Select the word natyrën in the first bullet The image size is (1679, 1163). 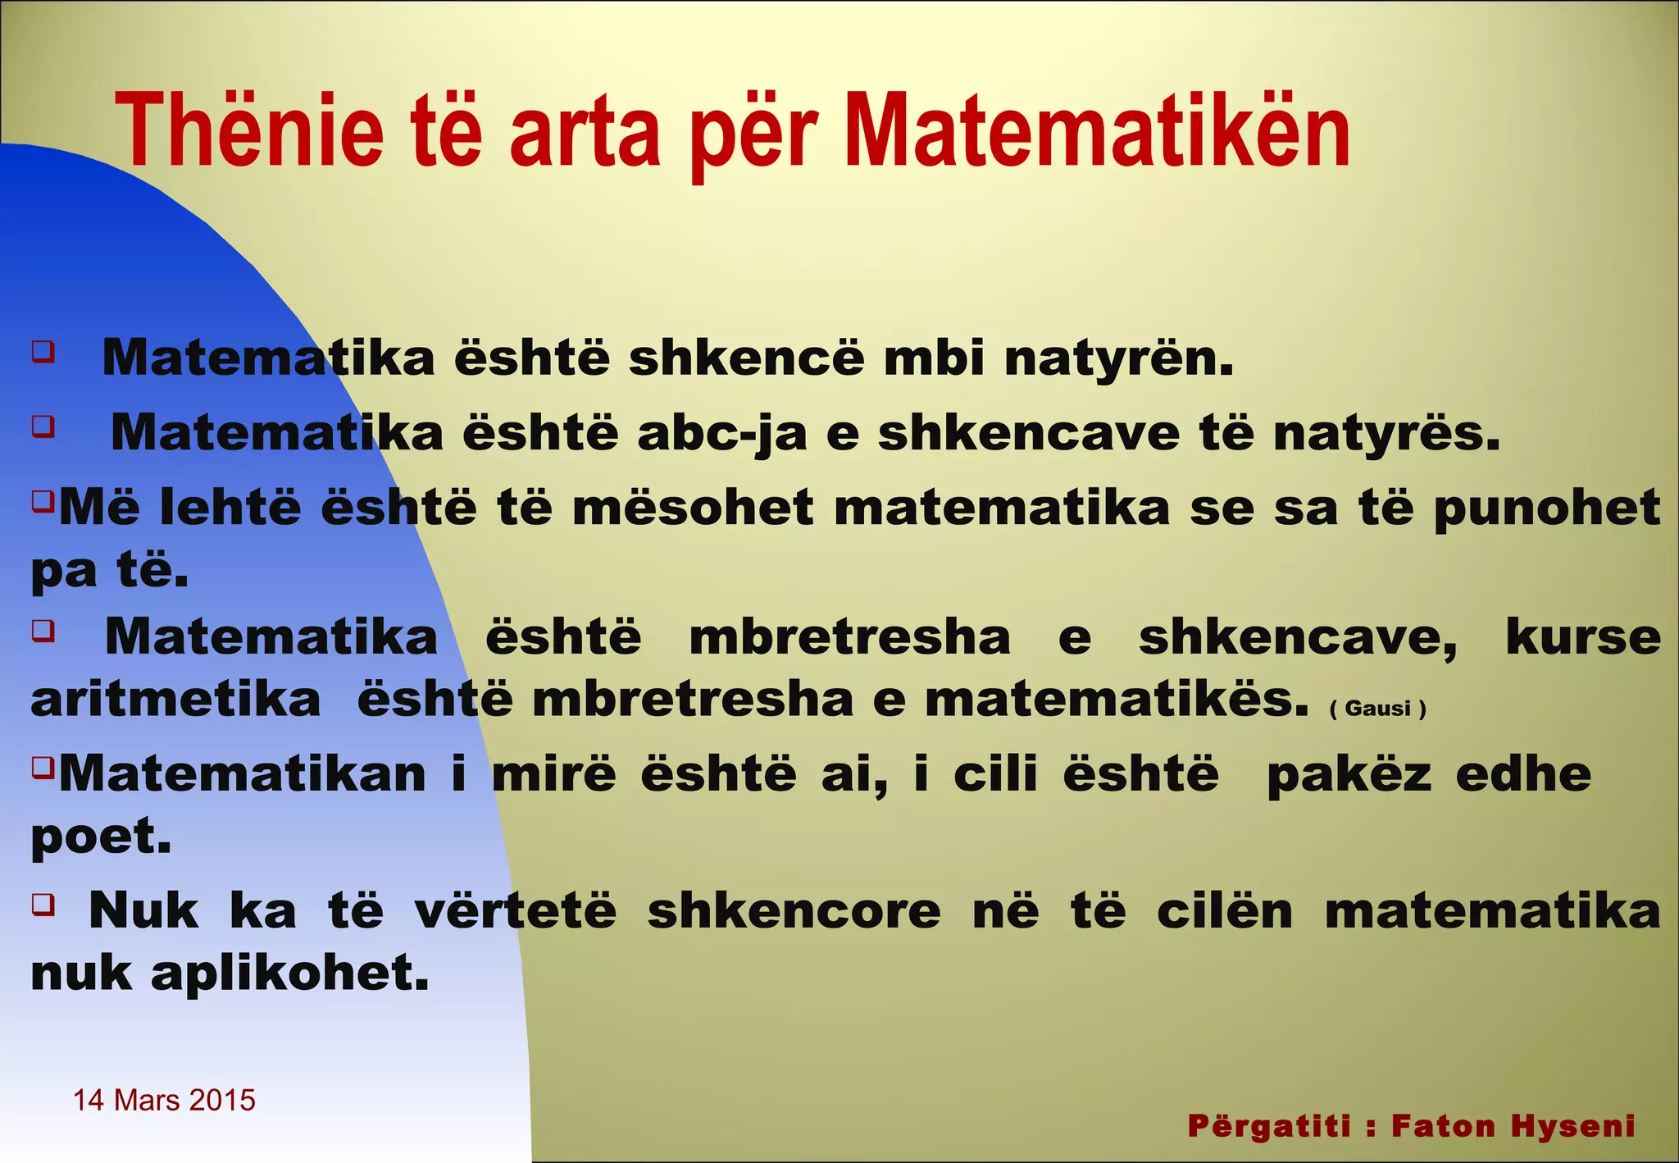1119,359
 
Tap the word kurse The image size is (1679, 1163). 1583,636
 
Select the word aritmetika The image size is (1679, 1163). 175,700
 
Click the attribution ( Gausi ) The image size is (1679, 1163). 1377,708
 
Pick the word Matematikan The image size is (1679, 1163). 243,773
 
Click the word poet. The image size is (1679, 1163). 101,837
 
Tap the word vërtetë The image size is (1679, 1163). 515,910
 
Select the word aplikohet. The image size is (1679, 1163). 289,974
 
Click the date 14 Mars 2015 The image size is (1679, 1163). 164,1100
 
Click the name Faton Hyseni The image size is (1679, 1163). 1513,1126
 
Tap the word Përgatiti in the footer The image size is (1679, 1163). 1268,1127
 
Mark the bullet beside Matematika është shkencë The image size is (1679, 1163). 43,352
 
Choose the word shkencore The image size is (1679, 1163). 794,910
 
